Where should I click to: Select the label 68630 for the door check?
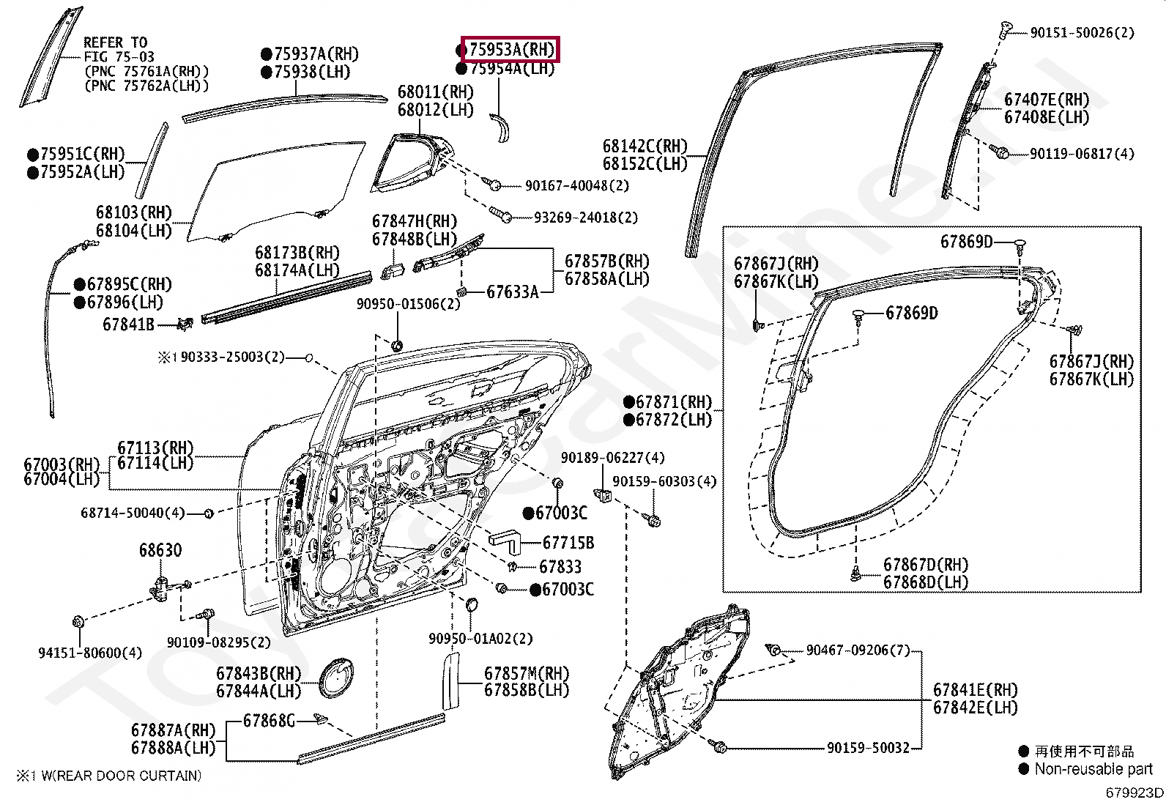pos(160,550)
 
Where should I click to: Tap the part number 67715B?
pos(568,543)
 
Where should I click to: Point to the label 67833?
pos(560,566)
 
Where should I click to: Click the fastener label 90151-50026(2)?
pos(1083,33)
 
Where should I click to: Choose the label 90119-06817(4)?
pos(1082,154)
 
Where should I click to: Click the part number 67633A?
pos(512,293)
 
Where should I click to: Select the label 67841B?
pos(129,324)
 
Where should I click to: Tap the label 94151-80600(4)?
pos(90,653)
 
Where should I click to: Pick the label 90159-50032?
pos(868,748)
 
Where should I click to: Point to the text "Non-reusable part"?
pos(1093,769)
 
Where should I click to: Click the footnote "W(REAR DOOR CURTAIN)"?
pos(122,776)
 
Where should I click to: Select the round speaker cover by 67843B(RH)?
pos(335,678)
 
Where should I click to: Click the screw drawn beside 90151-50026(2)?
pos(1005,29)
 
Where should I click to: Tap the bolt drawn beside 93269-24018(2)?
pos(501,214)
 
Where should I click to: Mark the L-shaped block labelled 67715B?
pos(505,541)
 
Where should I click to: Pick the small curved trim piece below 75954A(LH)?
pos(500,127)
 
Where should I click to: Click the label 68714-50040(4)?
pos(133,513)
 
